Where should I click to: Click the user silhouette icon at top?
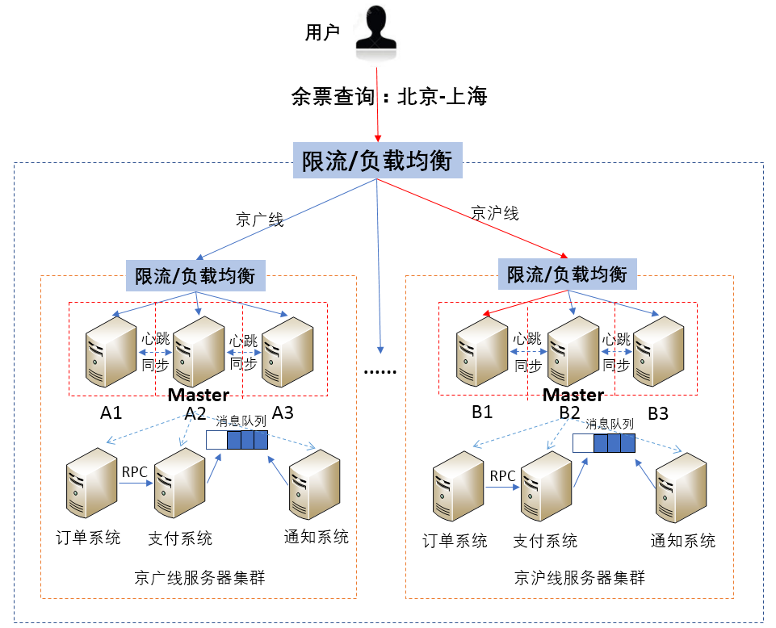point(378,32)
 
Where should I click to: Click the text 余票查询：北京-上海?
point(389,98)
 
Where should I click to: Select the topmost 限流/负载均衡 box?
point(376,161)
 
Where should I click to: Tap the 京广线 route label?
point(259,220)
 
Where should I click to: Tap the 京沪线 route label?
point(495,213)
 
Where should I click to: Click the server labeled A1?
point(111,351)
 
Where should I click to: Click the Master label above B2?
point(573,396)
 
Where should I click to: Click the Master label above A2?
point(198,396)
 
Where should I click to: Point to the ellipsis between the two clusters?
point(380,370)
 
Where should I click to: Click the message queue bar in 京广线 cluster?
point(236,440)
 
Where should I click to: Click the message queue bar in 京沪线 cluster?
point(603,443)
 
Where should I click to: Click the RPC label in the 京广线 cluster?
point(134,471)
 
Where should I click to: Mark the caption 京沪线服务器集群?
point(580,579)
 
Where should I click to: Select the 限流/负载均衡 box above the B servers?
point(567,274)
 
